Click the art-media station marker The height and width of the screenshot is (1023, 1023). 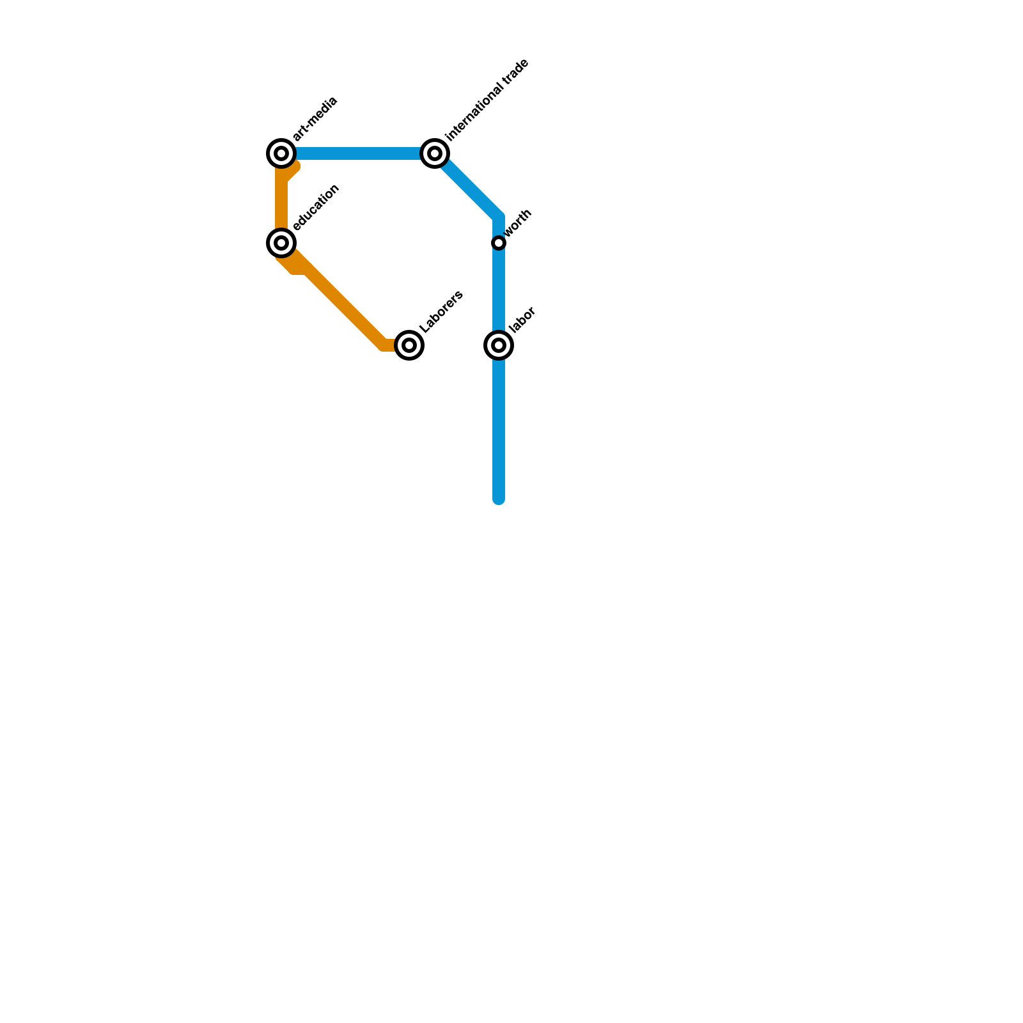click(281, 153)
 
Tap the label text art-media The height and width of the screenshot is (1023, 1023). click(315, 120)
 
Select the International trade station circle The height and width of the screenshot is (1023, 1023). click(435, 153)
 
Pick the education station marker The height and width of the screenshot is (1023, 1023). click(281, 243)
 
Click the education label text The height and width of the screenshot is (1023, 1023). click(316, 207)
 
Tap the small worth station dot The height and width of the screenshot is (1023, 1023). click(499, 243)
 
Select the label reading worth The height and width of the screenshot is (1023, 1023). click(519, 224)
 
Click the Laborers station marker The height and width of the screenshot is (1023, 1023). click(409, 345)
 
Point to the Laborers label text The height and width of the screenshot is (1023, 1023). click(441, 312)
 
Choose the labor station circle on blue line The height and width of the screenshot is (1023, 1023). click(499, 345)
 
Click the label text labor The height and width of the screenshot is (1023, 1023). click(522, 320)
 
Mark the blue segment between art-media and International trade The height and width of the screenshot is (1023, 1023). click(358, 153)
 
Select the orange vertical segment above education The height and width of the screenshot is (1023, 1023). click(281, 205)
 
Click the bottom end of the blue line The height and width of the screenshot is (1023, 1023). click(499, 499)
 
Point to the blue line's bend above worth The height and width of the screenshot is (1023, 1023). click(499, 216)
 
